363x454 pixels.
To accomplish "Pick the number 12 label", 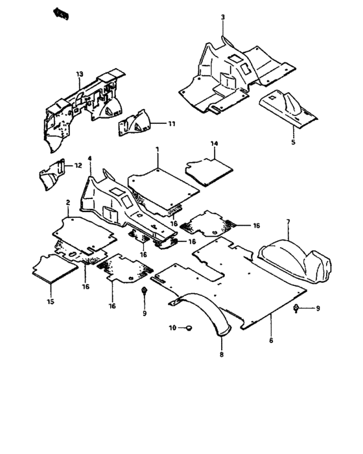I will click(x=78, y=165).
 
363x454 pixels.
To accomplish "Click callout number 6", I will click(x=270, y=339).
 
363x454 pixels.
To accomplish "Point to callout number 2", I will click(x=67, y=203).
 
